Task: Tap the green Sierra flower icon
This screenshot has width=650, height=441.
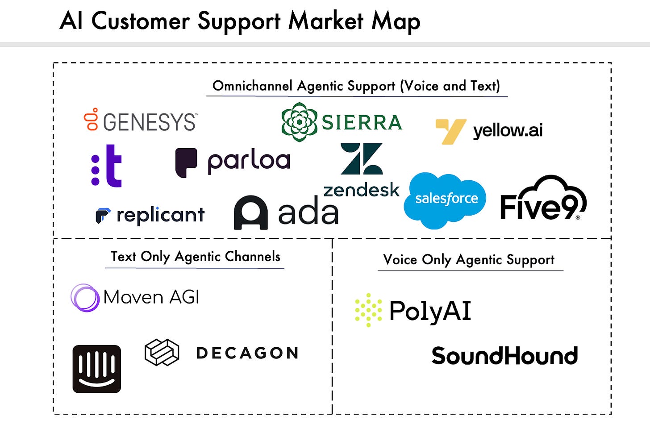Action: (299, 122)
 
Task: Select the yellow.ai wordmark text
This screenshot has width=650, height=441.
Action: (508, 130)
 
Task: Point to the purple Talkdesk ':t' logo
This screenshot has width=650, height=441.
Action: (107, 166)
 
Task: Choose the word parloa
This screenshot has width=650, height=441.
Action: (249, 161)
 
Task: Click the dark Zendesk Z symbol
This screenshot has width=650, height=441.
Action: (362, 159)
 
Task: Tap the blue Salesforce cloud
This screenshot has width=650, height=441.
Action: (445, 200)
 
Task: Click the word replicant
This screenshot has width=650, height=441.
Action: (160, 215)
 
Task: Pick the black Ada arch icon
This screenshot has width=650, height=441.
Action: (250, 212)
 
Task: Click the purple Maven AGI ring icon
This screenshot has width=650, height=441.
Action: (85, 298)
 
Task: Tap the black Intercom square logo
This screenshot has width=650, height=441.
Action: (97, 369)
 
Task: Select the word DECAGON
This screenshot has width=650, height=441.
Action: (247, 353)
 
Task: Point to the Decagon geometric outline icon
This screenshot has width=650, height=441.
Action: (162, 352)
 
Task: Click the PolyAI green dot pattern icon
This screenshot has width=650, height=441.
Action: (368, 310)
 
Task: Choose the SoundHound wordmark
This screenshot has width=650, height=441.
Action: (504, 356)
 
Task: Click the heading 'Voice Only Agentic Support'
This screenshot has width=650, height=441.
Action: (469, 260)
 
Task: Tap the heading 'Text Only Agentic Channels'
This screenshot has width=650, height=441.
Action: (196, 257)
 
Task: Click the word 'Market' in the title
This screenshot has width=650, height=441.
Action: (326, 21)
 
